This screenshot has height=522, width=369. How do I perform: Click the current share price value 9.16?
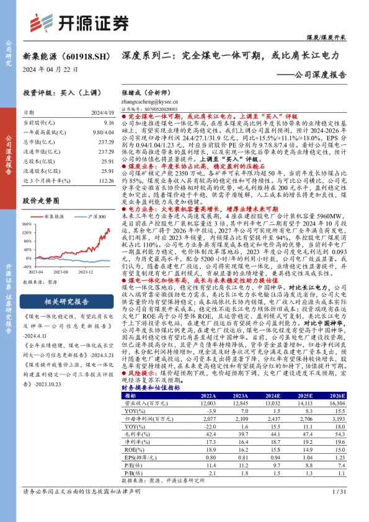109,124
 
